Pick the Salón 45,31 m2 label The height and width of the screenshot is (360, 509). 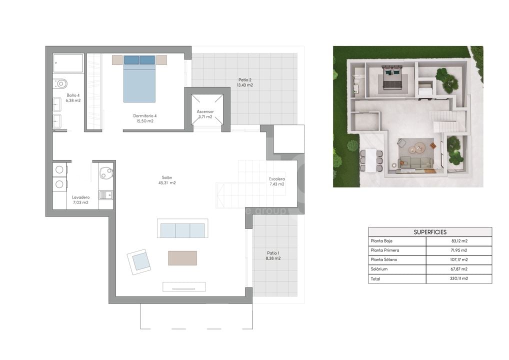(x=167, y=180)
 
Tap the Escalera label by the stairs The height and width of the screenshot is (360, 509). (x=277, y=179)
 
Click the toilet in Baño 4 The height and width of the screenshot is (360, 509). (x=60, y=84)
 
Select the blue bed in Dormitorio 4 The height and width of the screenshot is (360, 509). (x=139, y=78)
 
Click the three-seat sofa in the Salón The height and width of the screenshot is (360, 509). (x=183, y=228)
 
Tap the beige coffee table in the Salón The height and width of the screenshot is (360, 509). (x=182, y=258)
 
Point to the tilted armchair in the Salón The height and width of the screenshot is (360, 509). (x=139, y=261)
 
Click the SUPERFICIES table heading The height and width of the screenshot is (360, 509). (x=430, y=232)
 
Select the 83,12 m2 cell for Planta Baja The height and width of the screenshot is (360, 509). (x=459, y=241)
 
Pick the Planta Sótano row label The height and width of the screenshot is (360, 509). (x=384, y=259)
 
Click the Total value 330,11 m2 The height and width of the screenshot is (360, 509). (x=459, y=278)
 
